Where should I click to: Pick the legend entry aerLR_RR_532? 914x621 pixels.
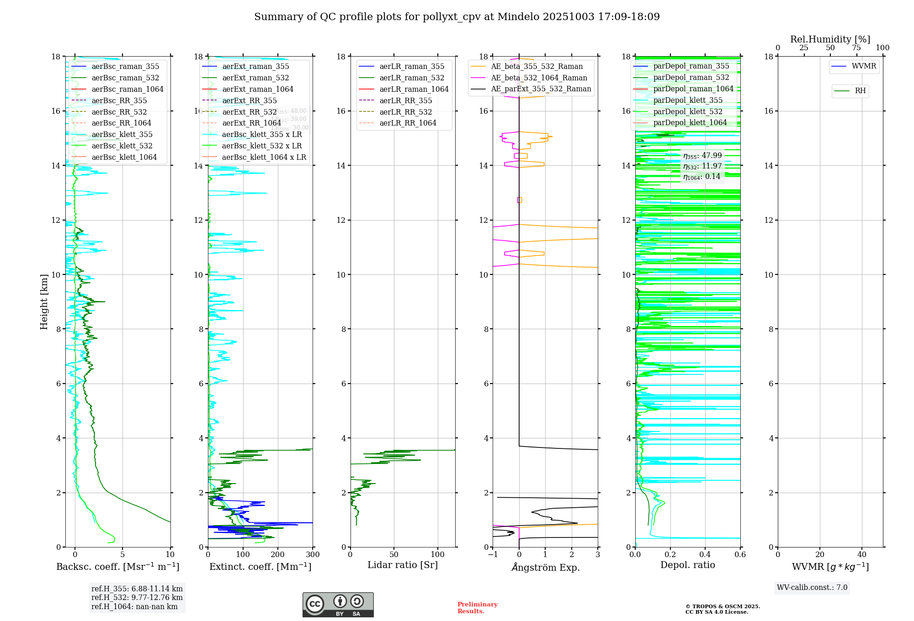click(x=405, y=112)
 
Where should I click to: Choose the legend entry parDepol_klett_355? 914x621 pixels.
click(x=688, y=100)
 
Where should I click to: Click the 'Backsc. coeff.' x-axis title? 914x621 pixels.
click(x=118, y=567)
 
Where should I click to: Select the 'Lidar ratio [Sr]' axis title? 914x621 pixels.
click(x=403, y=565)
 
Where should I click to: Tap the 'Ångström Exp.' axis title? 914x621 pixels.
click(x=545, y=567)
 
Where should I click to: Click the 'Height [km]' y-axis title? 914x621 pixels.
click(x=44, y=302)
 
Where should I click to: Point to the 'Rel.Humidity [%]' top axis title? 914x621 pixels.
click(x=830, y=39)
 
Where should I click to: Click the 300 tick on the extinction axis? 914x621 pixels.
click(x=313, y=555)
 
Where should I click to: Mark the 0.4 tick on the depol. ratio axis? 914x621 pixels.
click(x=705, y=555)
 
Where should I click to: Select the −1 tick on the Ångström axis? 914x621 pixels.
click(x=493, y=555)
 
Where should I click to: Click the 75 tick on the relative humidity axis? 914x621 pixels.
click(x=856, y=48)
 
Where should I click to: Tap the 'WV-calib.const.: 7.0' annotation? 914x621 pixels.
click(x=812, y=588)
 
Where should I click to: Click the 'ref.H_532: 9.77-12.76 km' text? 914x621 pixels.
click(x=137, y=598)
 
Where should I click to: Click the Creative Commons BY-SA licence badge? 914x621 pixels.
click(x=338, y=605)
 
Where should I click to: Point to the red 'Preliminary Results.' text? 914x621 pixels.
click(x=477, y=608)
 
